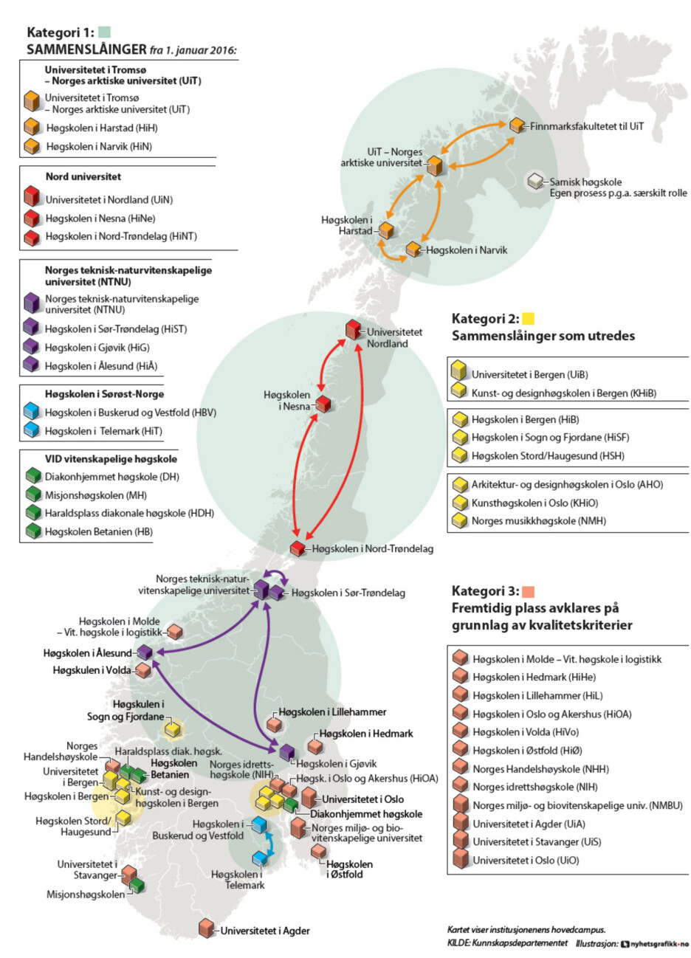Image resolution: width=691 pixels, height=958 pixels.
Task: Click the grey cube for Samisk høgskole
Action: point(534,181)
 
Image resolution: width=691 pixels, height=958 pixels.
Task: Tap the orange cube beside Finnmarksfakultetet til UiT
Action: point(517,125)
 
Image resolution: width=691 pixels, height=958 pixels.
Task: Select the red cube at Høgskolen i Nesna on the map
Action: point(323,404)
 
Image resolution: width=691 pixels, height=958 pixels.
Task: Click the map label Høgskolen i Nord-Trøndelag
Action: point(372,548)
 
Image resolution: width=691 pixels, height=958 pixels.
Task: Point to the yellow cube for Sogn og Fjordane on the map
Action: point(173,728)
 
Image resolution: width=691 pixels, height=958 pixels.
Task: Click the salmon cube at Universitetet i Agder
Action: point(206,928)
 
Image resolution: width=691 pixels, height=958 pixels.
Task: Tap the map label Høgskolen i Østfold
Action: point(349,869)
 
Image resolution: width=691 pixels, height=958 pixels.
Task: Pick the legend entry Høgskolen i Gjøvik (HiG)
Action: point(97,348)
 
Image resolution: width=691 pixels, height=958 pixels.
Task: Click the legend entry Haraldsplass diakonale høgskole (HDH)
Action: point(129,513)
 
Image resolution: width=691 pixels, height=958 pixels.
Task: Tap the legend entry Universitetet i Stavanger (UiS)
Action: point(537,841)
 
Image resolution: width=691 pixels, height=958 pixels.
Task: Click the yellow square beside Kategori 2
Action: point(528,318)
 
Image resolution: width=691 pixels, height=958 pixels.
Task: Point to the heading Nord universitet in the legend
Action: point(83,176)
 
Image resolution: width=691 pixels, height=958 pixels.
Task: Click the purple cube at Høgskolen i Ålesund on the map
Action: point(145,652)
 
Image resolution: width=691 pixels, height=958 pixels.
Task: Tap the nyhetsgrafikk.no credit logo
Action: point(655,944)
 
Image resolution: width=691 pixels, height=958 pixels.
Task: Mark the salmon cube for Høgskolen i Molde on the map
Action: point(174,631)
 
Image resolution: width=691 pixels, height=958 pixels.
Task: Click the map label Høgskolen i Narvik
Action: point(467,250)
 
